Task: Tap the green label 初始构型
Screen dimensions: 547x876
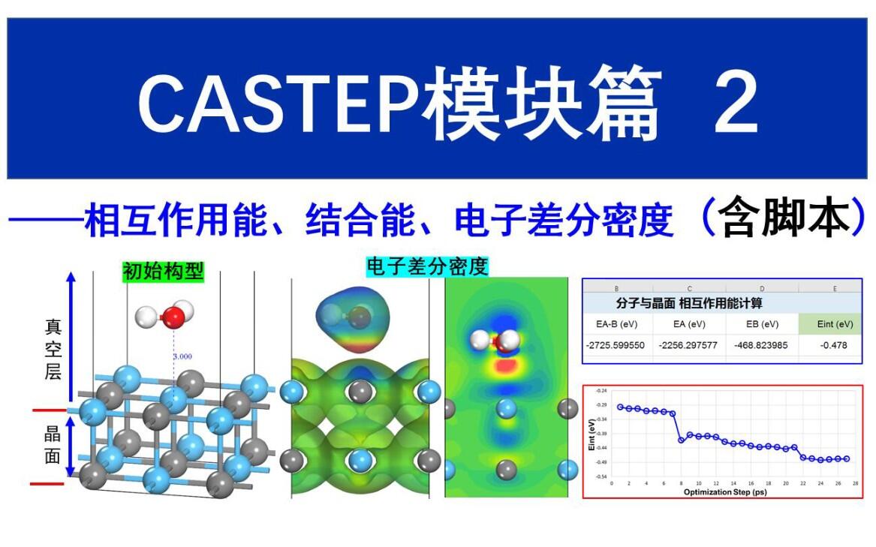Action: coord(163,271)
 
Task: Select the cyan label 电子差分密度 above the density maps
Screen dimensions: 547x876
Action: coord(426,266)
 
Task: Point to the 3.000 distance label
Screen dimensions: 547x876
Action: coord(183,357)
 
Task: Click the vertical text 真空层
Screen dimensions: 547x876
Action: coord(53,349)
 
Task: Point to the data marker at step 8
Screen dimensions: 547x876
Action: coord(681,440)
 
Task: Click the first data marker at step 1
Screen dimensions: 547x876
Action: coord(620,407)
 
